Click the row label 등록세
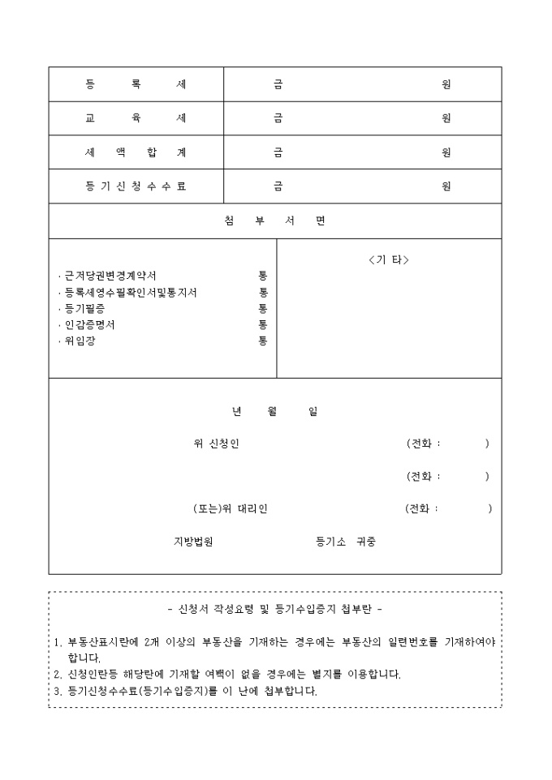pyautogui.click(x=136, y=84)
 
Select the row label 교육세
pyautogui.click(x=136, y=118)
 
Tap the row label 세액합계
pyautogui.click(x=136, y=152)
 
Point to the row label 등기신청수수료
pyautogui.click(x=136, y=186)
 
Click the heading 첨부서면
pyautogui.click(x=274, y=221)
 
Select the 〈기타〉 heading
pyautogui.click(x=388, y=260)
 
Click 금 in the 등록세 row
pyautogui.click(x=278, y=84)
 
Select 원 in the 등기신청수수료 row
pyautogui.click(x=446, y=186)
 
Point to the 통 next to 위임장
pyautogui.click(x=263, y=341)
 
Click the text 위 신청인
pyautogui.click(x=217, y=444)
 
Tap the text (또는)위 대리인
pyautogui.click(x=230, y=509)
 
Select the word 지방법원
pyautogui.click(x=193, y=542)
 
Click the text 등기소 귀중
pyautogui.click(x=346, y=542)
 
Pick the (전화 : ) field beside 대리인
pyautogui.click(x=448, y=509)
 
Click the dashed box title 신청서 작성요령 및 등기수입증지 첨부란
pyautogui.click(x=274, y=608)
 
